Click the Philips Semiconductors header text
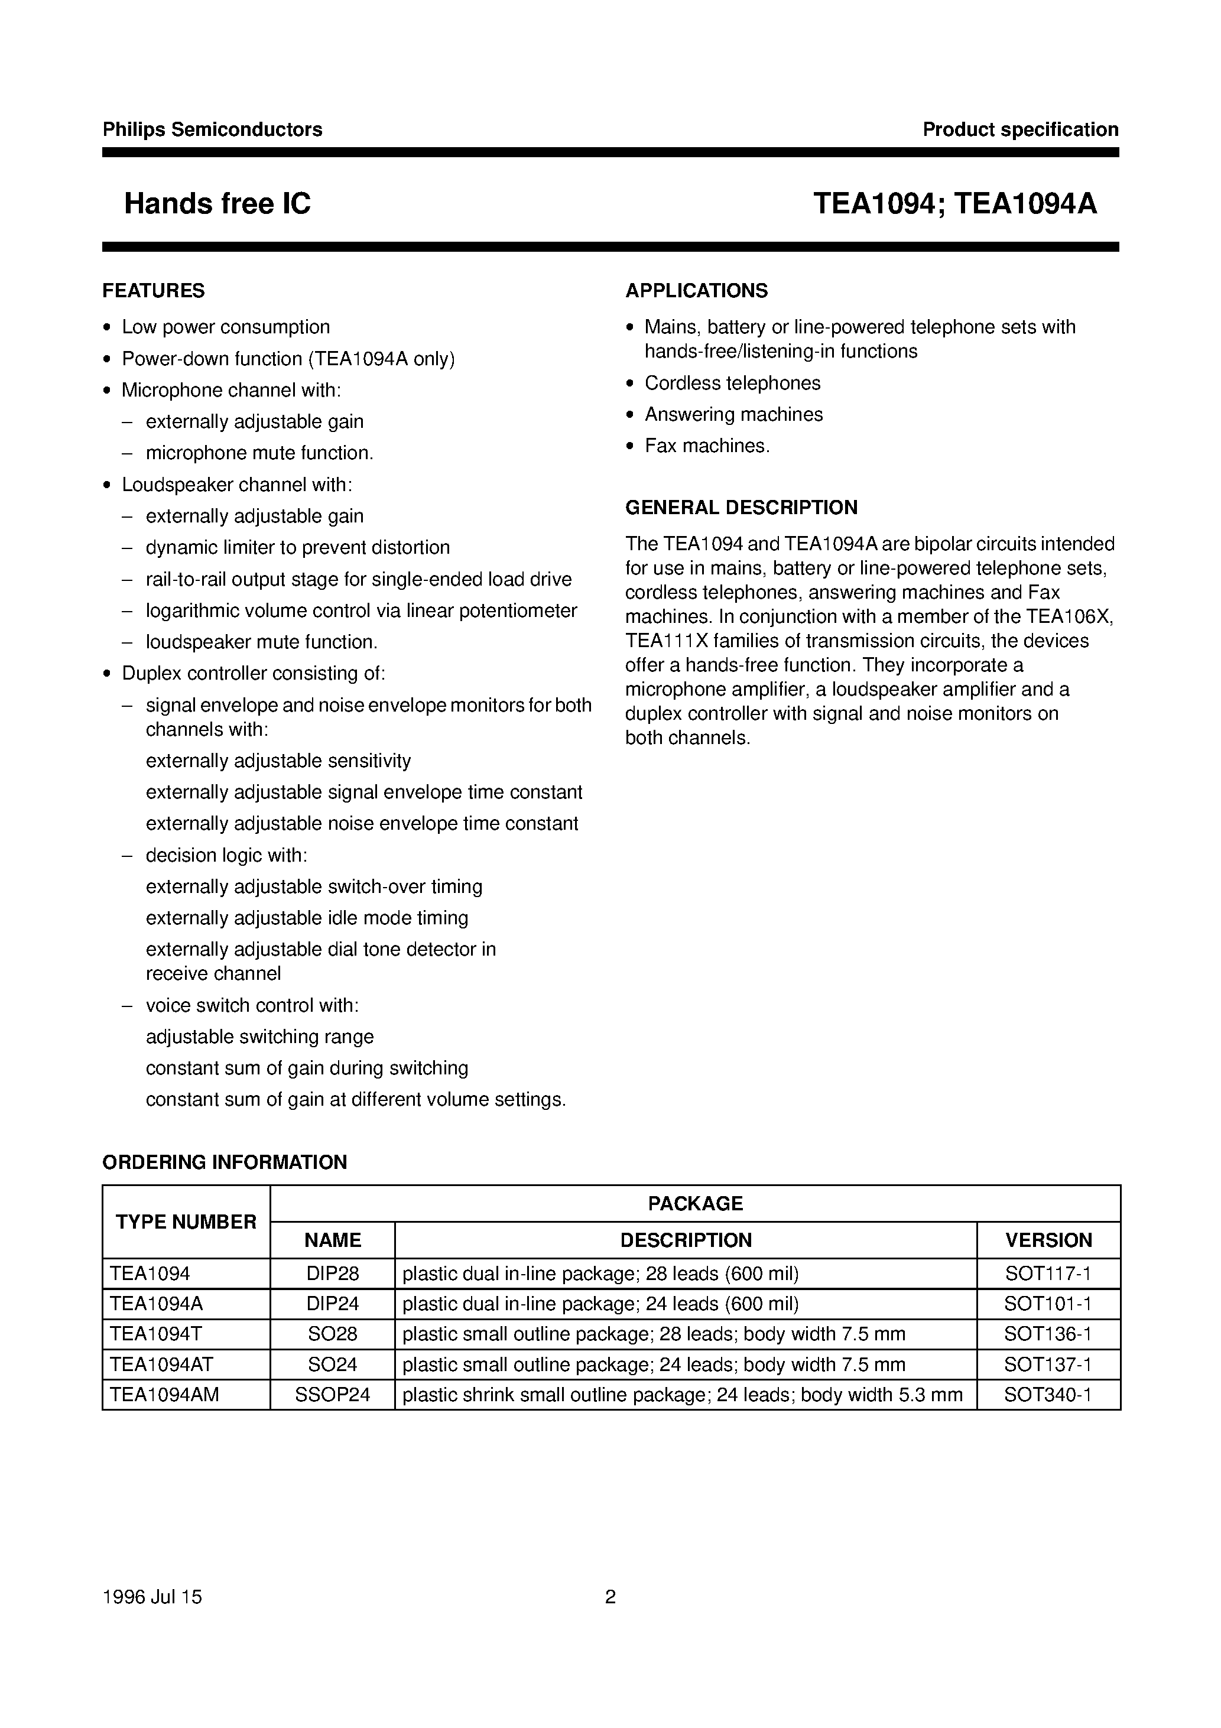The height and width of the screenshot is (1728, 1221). [212, 129]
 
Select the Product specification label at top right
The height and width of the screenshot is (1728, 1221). [1020, 129]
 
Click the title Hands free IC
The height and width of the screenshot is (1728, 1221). [217, 204]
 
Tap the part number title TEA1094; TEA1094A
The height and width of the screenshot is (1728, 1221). [954, 204]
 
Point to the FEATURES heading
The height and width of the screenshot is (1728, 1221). [154, 291]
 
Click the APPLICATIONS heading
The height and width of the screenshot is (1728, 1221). [696, 291]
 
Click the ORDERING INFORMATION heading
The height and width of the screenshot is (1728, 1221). [225, 1162]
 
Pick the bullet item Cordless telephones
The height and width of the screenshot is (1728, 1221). [732, 383]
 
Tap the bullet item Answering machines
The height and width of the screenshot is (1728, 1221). [733, 415]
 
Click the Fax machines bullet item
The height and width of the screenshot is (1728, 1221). [707, 446]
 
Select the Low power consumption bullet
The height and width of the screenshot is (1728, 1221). [226, 327]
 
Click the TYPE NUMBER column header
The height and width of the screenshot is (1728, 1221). [186, 1222]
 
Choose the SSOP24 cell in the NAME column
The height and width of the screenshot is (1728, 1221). [332, 1395]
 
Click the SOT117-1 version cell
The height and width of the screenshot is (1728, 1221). [1048, 1274]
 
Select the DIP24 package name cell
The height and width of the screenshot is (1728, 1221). [332, 1304]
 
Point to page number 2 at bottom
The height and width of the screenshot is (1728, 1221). [610, 1597]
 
